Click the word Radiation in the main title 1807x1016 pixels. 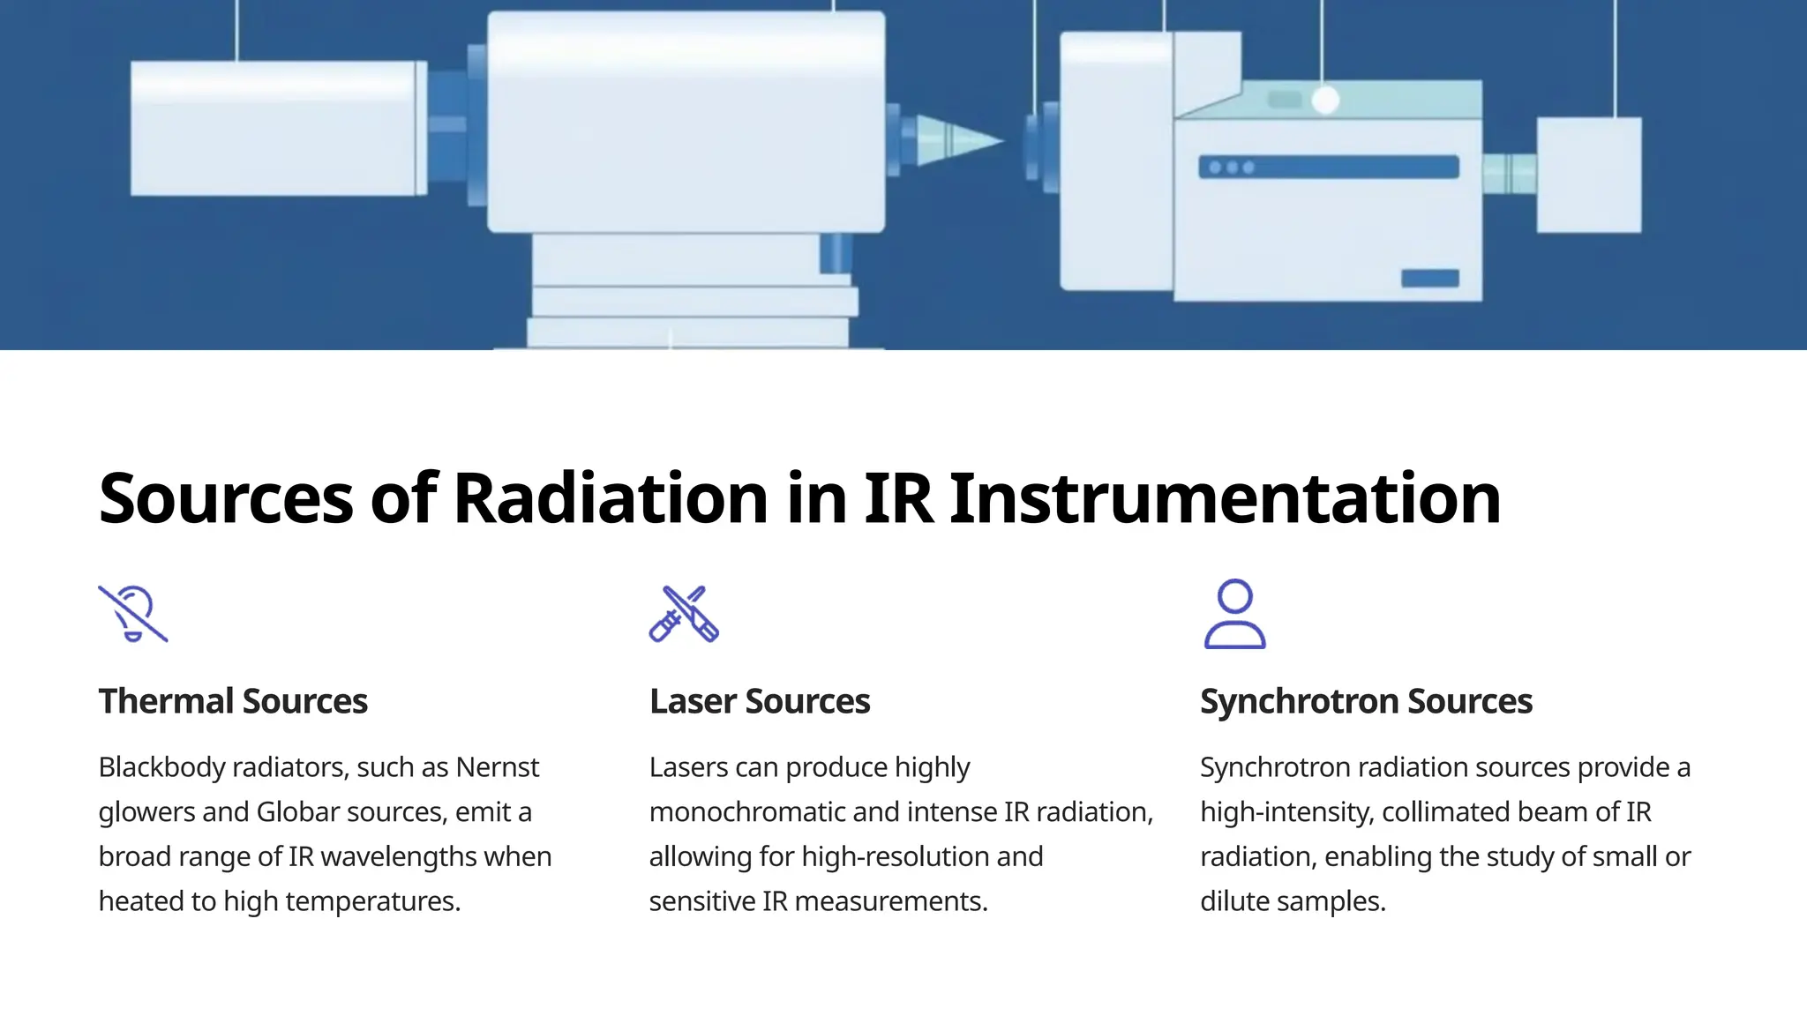click(610, 498)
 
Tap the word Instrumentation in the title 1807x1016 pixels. click(1225, 498)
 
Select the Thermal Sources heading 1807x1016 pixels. click(233, 701)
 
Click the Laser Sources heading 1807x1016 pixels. click(760, 701)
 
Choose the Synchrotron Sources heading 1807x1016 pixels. click(1366, 701)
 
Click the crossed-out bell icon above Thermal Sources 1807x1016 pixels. click(133, 614)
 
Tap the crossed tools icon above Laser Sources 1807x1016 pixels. click(684, 614)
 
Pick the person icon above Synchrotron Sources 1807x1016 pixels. click(1234, 614)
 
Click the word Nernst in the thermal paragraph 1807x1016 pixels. click(498, 767)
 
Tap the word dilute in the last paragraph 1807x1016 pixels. click(1234, 901)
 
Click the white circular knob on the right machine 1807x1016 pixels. click(1325, 101)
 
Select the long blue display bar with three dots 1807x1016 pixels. click(1328, 167)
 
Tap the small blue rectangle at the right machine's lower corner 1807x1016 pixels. click(1429, 279)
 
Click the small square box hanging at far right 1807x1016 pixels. click(1589, 175)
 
